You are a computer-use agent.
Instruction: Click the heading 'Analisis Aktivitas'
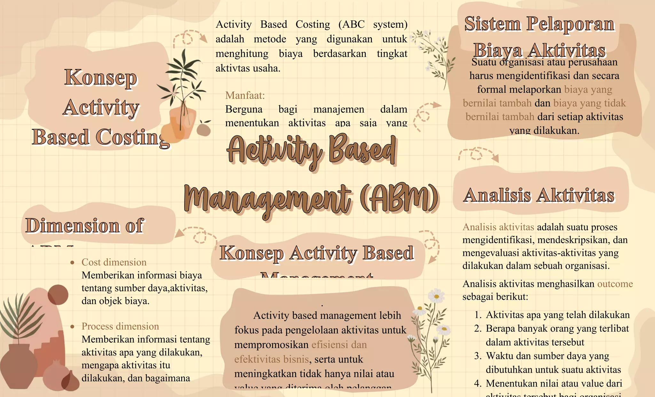click(539, 195)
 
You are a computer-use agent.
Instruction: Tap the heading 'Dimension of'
click(85, 225)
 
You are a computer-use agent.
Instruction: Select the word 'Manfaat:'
click(245, 95)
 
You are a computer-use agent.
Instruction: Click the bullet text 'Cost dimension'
click(114, 262)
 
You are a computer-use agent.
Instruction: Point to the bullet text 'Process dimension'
click(120, 326)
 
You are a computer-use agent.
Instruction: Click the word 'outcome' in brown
click(615, 284)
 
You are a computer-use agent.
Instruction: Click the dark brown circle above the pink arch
click(58, 294)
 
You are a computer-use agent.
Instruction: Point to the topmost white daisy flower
click(436, 296)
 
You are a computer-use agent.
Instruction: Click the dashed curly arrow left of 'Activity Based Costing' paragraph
click(189, 38)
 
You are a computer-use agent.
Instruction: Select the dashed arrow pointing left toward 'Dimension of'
click(195, 234)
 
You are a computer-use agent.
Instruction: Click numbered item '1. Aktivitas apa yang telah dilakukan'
click(557, 315)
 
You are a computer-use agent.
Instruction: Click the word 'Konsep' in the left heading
click(101, 78)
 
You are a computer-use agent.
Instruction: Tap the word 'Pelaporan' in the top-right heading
click(571, 24)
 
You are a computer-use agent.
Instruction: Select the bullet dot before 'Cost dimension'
click(73, 263)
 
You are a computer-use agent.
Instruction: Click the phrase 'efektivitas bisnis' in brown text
click(272, 359)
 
